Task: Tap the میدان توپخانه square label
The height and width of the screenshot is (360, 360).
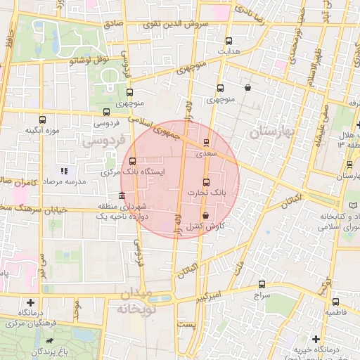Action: coord(144,301)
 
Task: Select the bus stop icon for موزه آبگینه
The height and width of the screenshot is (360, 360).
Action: coord(42,119)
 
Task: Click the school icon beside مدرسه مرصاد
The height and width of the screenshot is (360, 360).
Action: coord(64,170)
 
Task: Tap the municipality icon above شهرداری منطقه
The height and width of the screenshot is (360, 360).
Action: coord(123,195)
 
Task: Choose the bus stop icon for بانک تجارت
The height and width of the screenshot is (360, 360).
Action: coord(206,181)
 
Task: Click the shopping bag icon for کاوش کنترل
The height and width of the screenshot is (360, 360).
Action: coord(205,216)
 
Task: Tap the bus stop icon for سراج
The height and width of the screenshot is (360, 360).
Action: coord(262,285)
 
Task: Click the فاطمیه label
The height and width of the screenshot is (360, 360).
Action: coord(335,310)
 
